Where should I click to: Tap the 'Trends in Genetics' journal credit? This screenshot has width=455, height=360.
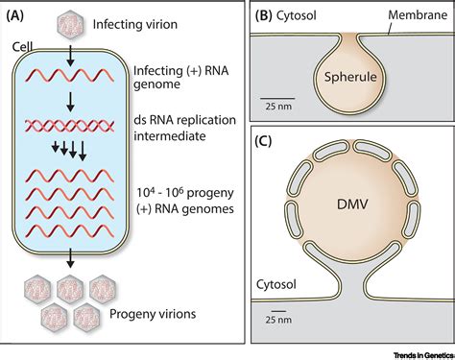pos(414,351)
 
